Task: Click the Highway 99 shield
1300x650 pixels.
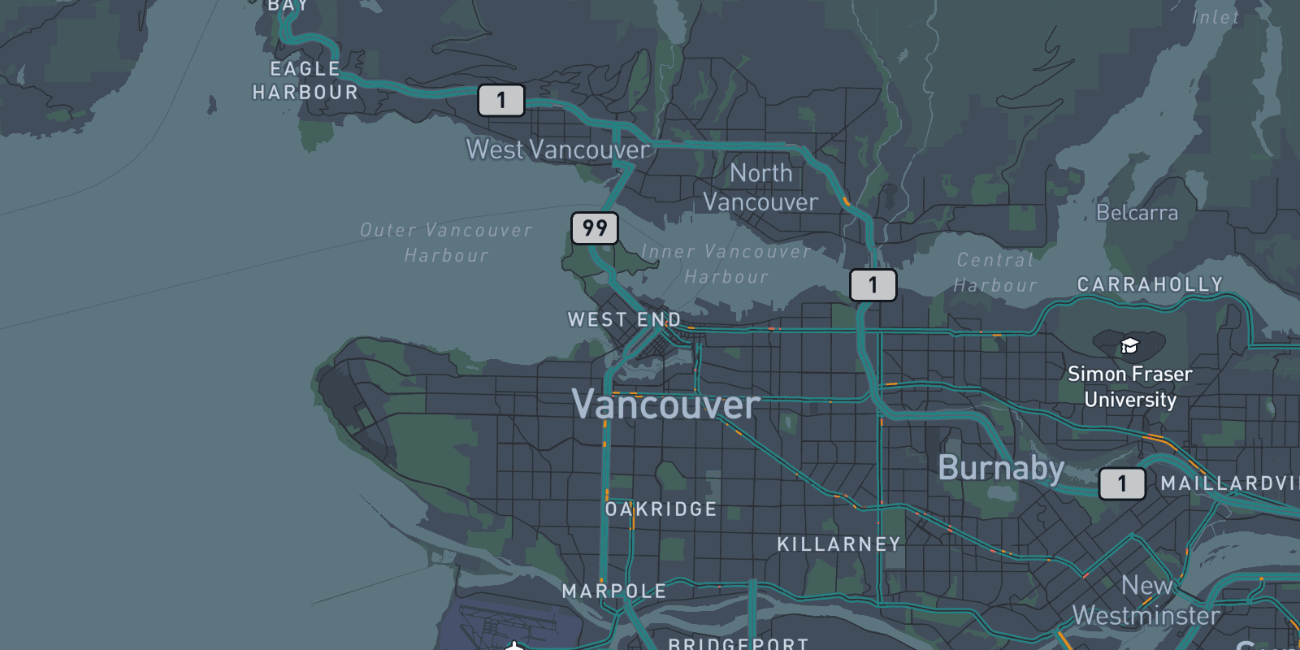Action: tap(595, 228)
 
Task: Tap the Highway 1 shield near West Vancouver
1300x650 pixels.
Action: tap(500, 100)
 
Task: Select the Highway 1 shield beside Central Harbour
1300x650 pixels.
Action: tap(873, 285)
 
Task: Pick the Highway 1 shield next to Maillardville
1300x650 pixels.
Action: tap(1122, 483)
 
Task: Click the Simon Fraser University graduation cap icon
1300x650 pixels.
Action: tap(1129, 347)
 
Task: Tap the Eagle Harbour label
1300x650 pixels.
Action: tap(305, 80)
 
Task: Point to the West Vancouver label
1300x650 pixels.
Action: tap(557, 149)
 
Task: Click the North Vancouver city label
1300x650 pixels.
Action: tap(760, 188)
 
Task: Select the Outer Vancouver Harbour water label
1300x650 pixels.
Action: tap(446, 243)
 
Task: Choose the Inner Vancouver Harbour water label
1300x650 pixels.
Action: tap(726, 264)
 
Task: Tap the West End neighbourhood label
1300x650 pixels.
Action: tap(624, 320)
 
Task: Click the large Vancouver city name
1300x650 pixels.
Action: tap(665, 405)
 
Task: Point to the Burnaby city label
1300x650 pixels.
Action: tap(1001, 468)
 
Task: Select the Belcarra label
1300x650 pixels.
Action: tap(1137, 213)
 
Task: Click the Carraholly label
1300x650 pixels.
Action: tap(1150, 284)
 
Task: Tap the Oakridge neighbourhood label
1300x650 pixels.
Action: tap(661, 509)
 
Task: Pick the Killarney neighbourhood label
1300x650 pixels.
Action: tap(838, 544)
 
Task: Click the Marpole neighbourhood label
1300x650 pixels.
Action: tap(614, 591)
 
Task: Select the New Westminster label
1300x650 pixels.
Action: tap(1146, 600)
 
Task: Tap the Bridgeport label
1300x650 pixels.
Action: tap(738, 643)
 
